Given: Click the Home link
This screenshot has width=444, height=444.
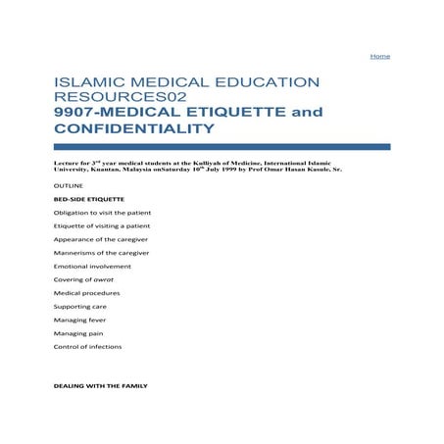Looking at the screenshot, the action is [379, 56].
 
